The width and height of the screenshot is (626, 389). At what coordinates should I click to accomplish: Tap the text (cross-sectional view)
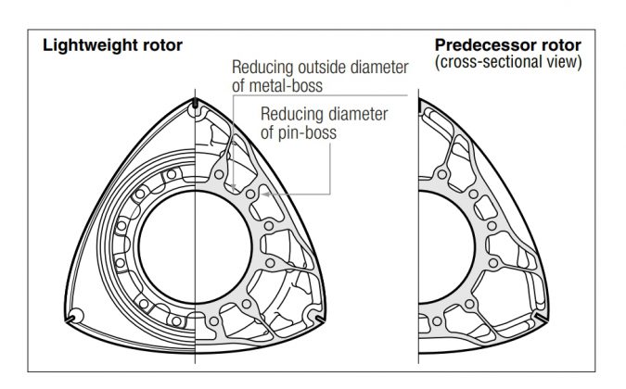pyautogui.click(x=508, y=62)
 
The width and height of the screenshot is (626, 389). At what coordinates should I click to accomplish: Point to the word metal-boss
pyautogui.click(x=286, y=86)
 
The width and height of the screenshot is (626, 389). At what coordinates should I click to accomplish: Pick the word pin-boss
pyautogui.click(x=307, y=132)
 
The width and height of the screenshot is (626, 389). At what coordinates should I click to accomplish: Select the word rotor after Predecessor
pyautogui.click(x=561, y=45)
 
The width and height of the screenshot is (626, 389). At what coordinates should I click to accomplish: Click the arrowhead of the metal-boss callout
pyautogui.click(x=234, y=186)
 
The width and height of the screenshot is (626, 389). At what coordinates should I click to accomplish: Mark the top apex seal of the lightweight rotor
pyautogui.click(x=195, y=103)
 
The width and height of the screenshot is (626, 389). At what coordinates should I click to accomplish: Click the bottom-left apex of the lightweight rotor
pyautogui.click(x=70, y=320)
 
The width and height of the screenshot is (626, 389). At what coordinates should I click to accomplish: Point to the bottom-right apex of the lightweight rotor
pyautogui.click(x=321, y=319)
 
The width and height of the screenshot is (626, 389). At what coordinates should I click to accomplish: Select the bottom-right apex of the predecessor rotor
pyautogui.click(x=543, y=318)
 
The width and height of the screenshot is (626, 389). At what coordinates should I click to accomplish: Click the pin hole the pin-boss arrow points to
pyautogui.click(x=250, y=194)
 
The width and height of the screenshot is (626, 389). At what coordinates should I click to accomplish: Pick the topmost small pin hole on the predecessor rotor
pyautogui.click(x=442, y=174)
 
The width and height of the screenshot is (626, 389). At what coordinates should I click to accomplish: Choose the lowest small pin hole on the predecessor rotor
pyautogui.click(x=437, y=321)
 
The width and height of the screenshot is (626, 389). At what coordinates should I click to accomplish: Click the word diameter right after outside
pyautogui.click(x=379, y=68)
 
